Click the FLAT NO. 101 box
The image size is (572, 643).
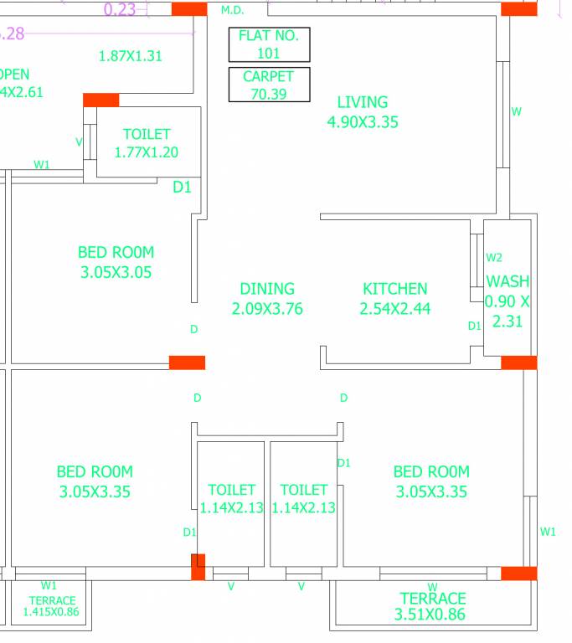click(269, 44)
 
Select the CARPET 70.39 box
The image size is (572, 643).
click(269, 85)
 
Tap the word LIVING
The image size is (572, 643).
click(362, 102)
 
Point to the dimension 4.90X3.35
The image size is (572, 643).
click(362, 122)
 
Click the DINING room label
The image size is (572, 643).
click(266, 289)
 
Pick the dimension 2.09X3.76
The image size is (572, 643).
click(266, 309)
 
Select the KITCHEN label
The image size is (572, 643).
click(394, 289)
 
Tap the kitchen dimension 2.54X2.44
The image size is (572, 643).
click(394, 309)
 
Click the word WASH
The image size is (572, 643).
click(508, 281)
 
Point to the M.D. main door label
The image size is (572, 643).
click(232, 10)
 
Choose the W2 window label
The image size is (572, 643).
click(494, 257)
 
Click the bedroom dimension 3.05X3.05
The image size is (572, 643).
click(116, 272)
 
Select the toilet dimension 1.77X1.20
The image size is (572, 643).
click(146, 152)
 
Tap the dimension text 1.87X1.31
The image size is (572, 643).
click(130, 57)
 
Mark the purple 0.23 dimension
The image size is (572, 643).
click(119, 10)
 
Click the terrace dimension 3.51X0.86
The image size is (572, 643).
click(432, 615)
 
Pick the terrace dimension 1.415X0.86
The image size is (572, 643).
click(52, 612)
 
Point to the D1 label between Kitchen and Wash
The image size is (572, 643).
click(474, 326)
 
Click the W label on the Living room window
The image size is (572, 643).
click(516, 111)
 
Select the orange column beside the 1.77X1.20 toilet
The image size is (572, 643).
click(100, 100)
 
